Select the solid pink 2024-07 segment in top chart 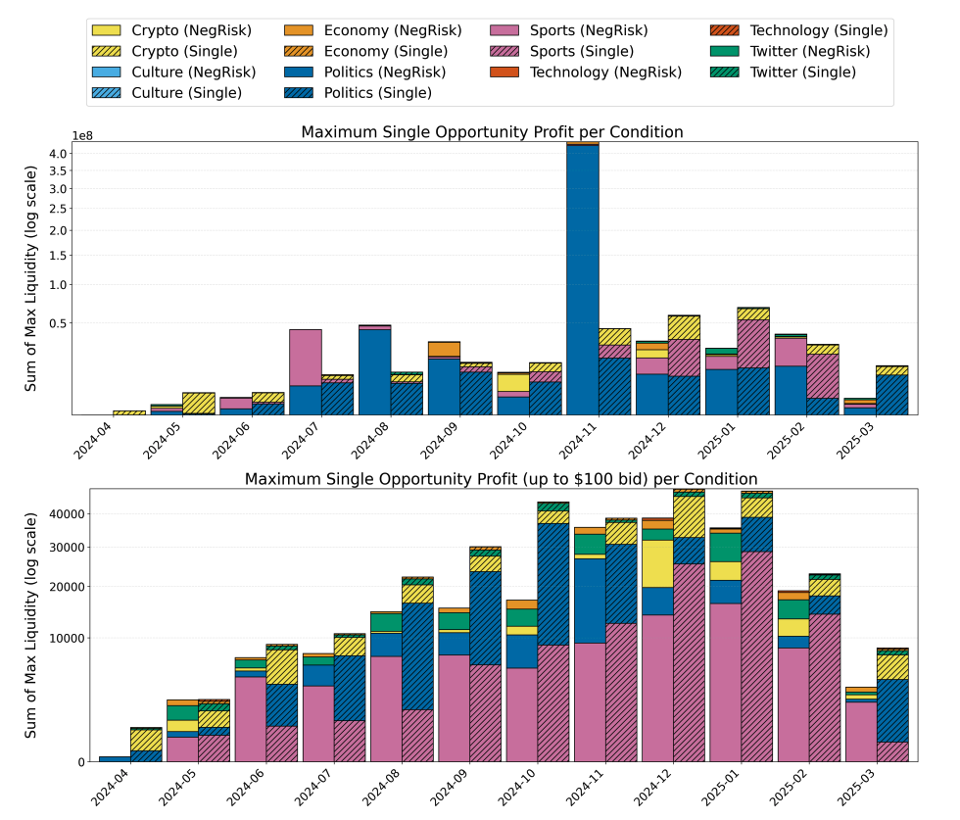pyautogui.click(x=306, y=357)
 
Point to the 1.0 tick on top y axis pyautogui.click(x=57, y=285)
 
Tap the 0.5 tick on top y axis pyautogui.click(x=57, y=323)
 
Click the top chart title pyautogui.click(x=492, y=132)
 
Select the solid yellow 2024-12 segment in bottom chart pyautogui.click(x=657, y=563)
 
